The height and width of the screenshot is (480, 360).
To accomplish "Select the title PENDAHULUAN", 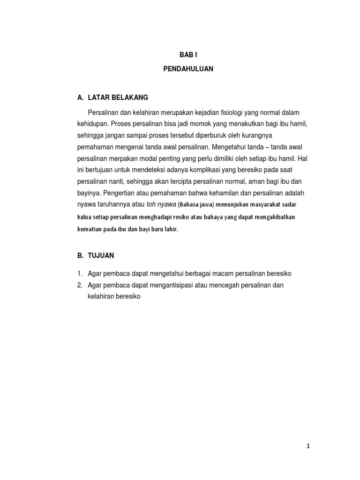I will [188, 69].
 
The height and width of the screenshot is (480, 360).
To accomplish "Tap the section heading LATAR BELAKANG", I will [118, 97].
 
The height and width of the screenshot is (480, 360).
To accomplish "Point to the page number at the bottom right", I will [308, 446].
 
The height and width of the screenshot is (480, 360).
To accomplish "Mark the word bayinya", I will [89, 193].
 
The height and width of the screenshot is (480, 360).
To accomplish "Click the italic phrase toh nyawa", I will [161, 204].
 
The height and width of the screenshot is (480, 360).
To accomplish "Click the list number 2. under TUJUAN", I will [81, 285].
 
